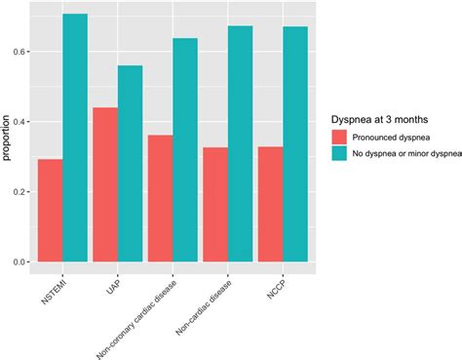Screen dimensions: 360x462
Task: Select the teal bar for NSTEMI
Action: pos(75,138)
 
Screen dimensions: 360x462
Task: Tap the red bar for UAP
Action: pos(104,184)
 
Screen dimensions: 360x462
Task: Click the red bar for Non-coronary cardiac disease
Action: pos(159,199)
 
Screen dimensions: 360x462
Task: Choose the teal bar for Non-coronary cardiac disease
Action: pos(184,150)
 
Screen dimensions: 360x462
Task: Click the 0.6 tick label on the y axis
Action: pos(19,51)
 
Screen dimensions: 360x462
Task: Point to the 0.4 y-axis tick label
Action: pos(19,121)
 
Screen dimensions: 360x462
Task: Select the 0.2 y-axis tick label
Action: pos(19,191)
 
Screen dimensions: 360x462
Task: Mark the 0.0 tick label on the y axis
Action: pos(19,262)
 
